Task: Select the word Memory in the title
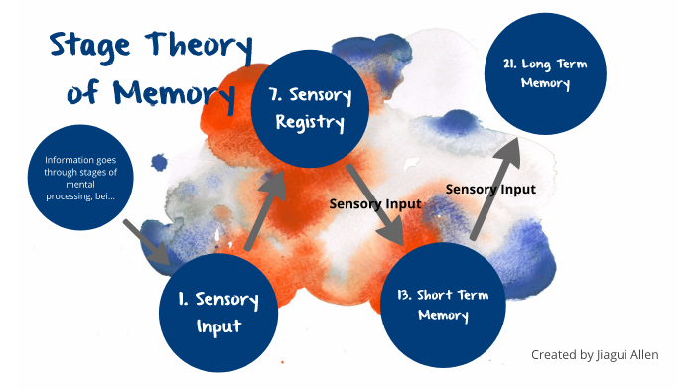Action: pos(170,92)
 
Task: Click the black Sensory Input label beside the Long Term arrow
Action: pos(490,189)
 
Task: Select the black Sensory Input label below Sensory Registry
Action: pos(375,203)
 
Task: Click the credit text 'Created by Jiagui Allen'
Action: pos(595,354)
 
